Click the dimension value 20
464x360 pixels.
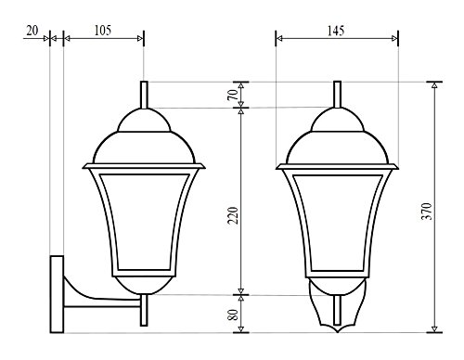(x=32, y=31)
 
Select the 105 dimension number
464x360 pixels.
(x=103, y=31)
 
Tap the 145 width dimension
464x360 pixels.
(x=336, y=31)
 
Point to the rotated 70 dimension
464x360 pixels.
(x=233, y=95)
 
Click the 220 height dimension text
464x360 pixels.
(x=233, y=215)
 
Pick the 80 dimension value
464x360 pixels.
(x=234, y=315)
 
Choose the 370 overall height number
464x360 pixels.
(x=427, y=212)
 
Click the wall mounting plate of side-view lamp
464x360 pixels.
(x=57, y=294)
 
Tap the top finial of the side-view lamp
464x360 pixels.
(x=144, y=95)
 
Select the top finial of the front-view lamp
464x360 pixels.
(x=338, y=95)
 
